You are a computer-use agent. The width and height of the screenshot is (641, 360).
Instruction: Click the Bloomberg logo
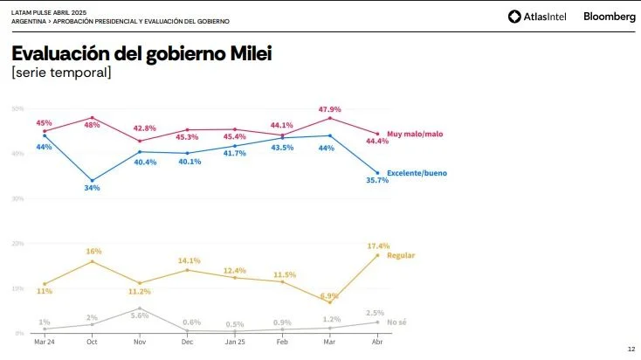pos(609,16)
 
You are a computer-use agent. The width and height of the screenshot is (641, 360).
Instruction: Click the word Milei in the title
pos(252,53)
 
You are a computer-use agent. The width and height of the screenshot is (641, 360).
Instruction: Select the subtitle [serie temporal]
pos(61,73)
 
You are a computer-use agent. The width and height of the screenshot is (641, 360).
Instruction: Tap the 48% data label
pos(93,125)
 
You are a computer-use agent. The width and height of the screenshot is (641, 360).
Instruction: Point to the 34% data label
pos(93,188)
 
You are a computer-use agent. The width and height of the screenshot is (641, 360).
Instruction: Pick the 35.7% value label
pos(377,180)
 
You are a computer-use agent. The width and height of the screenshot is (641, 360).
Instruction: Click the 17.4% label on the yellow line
pos(379,246)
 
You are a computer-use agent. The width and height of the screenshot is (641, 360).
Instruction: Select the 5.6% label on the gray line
pos(140,315)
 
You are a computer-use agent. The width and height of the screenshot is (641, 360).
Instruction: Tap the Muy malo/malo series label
pos(417,134)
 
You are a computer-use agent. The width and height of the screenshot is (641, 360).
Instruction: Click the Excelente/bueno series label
pos(417,173)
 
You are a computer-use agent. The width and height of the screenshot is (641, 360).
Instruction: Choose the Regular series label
pos(400,255)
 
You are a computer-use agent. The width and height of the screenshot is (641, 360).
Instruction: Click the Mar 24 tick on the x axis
pos(45,343)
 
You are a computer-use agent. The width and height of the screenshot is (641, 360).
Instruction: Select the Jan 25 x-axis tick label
pos(235,343)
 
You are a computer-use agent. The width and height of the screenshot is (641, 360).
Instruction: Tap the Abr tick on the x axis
pos(377,343)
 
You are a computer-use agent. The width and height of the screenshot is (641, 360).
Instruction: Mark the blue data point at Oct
pos(93,181)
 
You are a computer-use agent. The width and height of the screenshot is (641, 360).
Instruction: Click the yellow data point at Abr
pos(377,255)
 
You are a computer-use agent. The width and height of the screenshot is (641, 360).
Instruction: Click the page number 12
pos(631,350)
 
